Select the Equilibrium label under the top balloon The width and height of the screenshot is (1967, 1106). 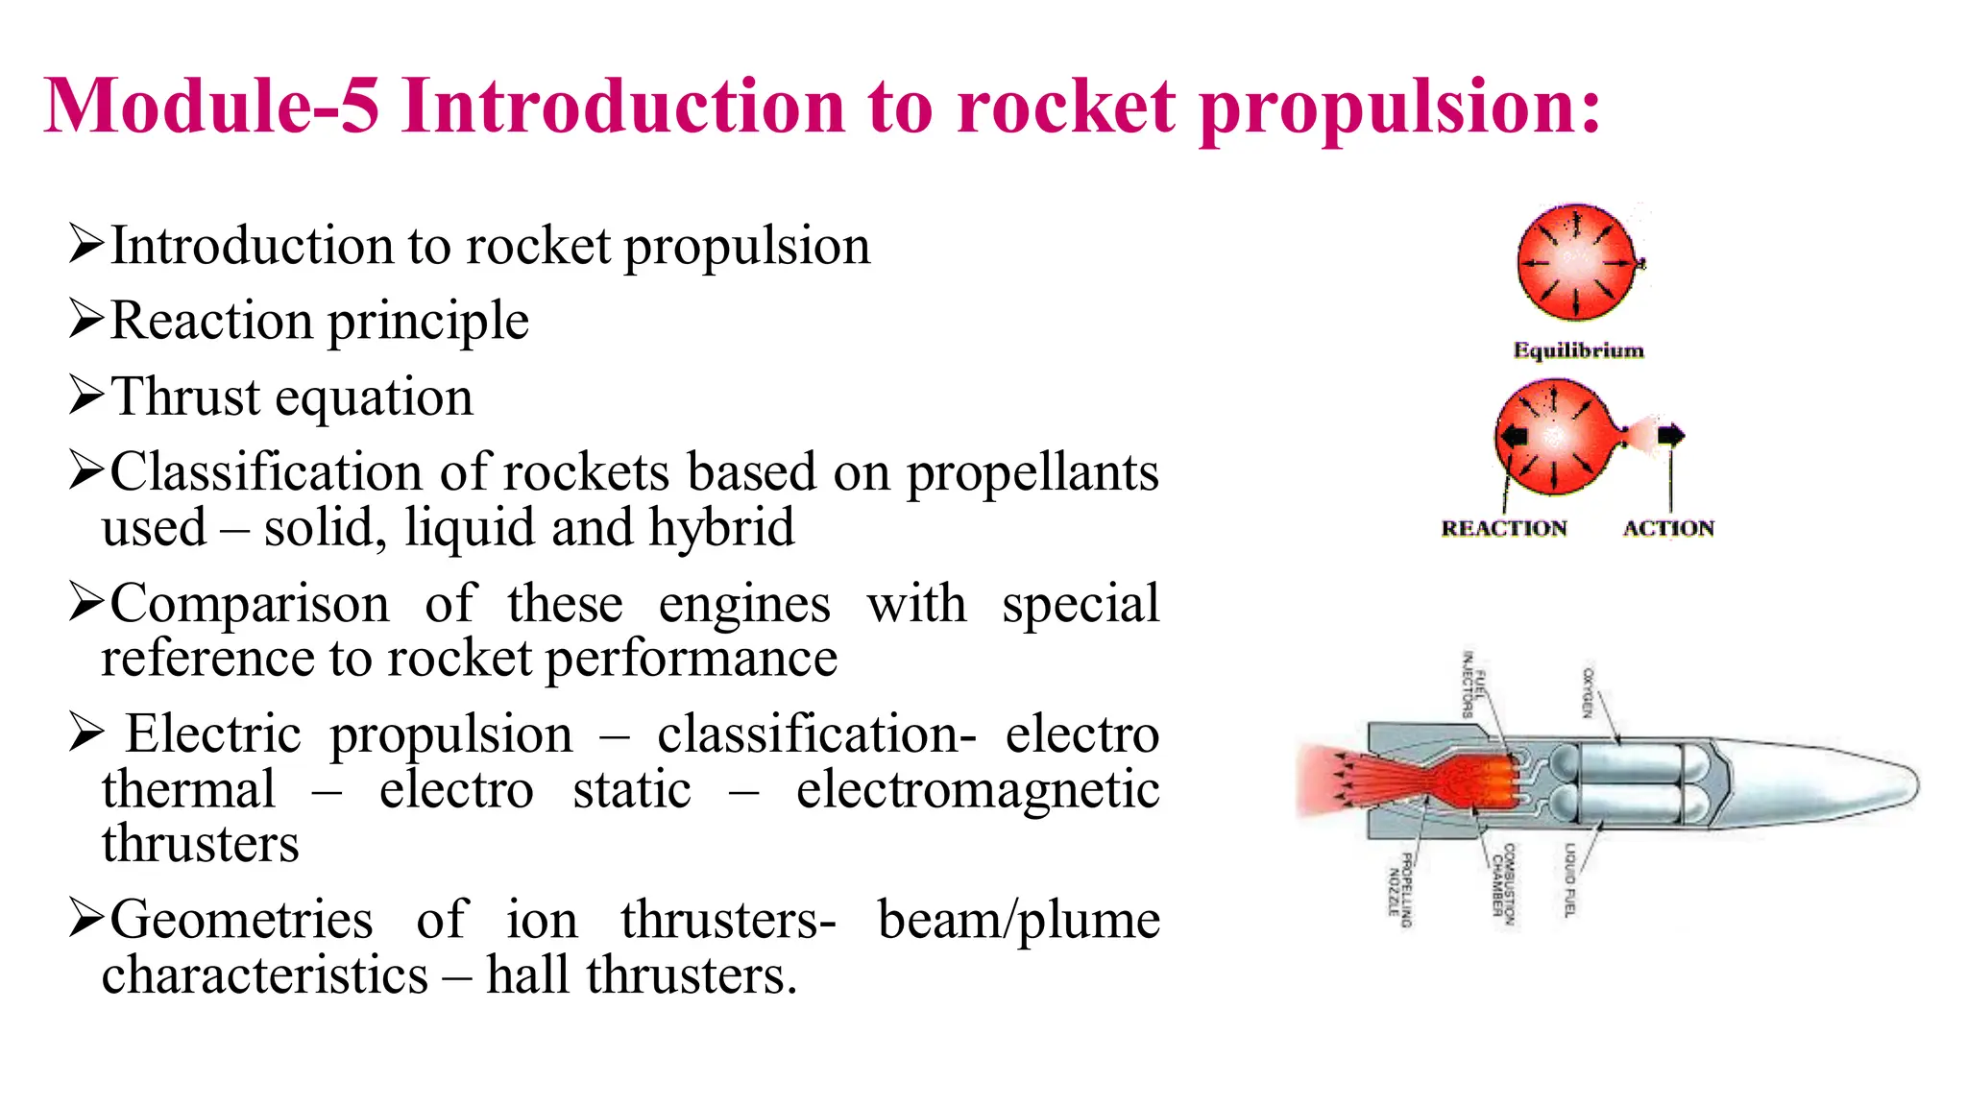coord(1578,350)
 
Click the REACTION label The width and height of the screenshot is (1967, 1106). coord(1503,528)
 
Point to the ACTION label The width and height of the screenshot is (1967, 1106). coord(1668,528)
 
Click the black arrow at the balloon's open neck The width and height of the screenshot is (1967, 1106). coord(1671,435)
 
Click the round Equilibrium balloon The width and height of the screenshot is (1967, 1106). coord(1576,261)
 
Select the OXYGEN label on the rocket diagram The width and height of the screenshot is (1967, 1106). coord(1588,692)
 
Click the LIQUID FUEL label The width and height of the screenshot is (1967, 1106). coord(1568,880)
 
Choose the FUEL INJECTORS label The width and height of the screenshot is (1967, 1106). coord(1474,685)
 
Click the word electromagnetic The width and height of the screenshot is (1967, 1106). coord(978,789)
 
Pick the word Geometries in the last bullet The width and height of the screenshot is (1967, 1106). coord(241,920)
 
